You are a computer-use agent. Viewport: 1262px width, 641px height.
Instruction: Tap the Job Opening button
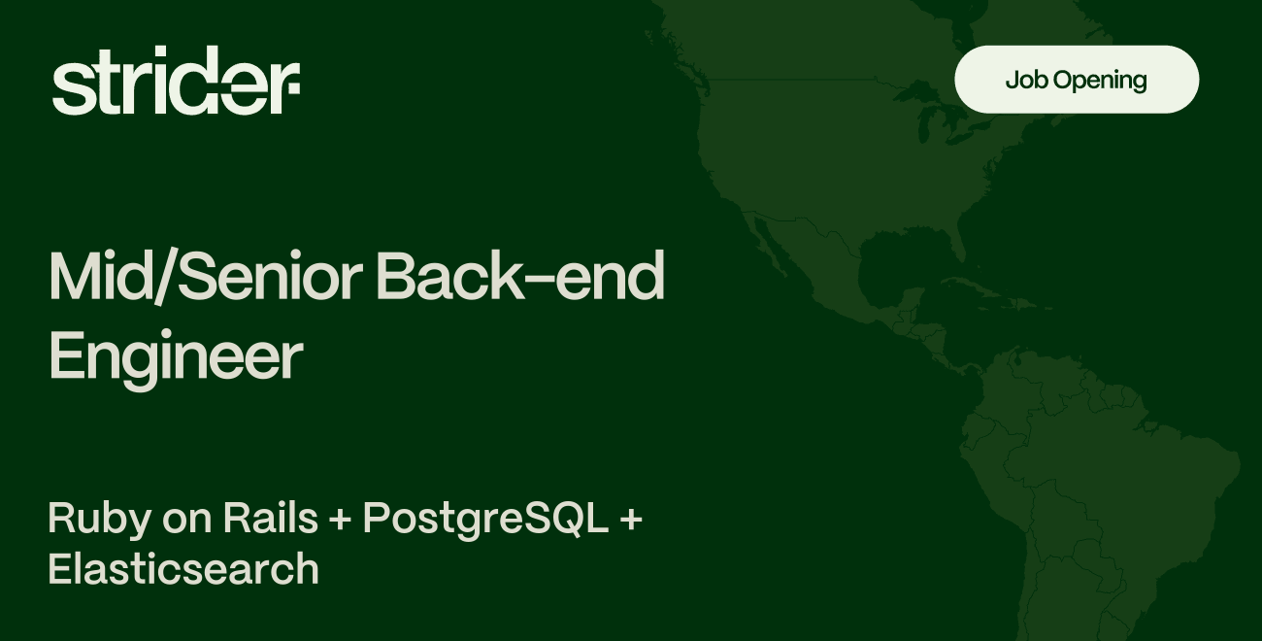tap(1077, 80)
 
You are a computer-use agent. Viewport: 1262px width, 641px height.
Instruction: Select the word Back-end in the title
tap(520, 278)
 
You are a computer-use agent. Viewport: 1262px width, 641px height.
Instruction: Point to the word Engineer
tap(176, 357)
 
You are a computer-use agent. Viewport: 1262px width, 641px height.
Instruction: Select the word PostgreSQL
tap(485, 520)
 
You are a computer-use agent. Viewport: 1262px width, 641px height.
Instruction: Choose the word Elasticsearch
tap(183, 569)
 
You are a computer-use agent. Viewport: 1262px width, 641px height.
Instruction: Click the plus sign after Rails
tap(340, 521)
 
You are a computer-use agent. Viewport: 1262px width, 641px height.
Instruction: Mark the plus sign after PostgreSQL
tap(630, 521)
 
